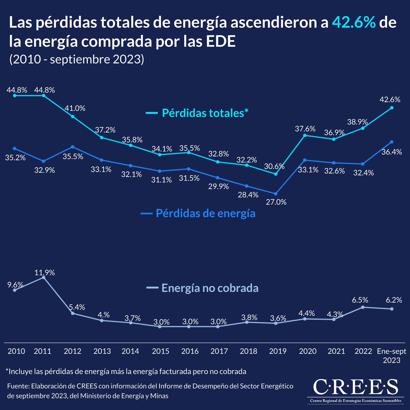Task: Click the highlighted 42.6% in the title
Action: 354,22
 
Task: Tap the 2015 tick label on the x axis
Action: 160,351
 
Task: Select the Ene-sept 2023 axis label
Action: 391,355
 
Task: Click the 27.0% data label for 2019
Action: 276,202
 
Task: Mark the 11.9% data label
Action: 45,273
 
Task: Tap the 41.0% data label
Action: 75,108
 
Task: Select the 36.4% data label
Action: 392,152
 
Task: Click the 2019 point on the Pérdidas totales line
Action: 276,174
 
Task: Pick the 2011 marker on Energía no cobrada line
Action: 44,278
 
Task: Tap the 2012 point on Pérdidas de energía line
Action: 73,147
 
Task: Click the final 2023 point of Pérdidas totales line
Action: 392,108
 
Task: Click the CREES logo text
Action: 355,387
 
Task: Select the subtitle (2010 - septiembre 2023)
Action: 77,59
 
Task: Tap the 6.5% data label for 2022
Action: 360,300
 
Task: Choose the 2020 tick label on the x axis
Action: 307,351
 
